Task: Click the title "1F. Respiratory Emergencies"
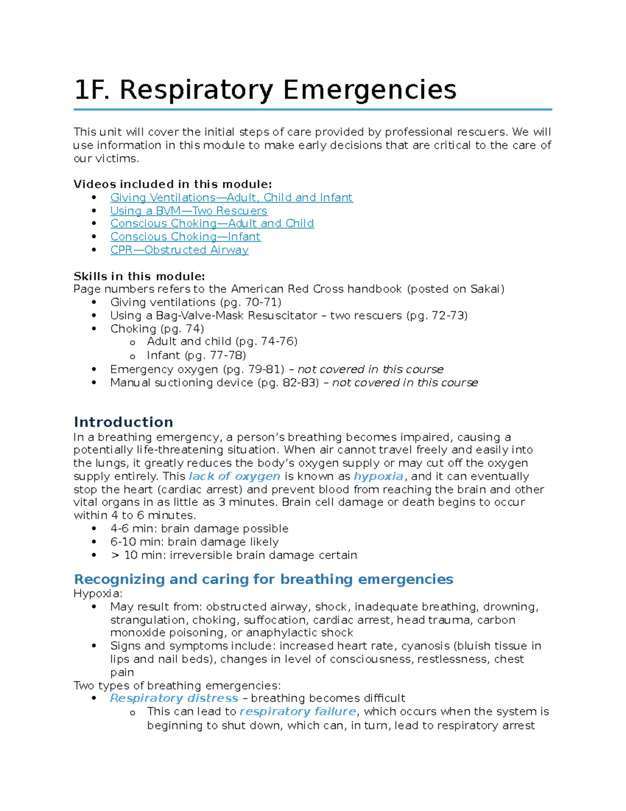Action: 265,90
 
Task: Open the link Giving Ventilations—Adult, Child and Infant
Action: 231,197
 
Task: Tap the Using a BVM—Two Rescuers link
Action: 188,210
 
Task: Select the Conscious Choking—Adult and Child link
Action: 212,224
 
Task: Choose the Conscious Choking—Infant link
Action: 185,237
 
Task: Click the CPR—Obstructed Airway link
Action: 179,250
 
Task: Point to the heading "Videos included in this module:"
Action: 172,184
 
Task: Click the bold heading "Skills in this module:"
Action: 139,276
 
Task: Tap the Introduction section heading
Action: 123,422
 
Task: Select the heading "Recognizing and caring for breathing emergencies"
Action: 263,579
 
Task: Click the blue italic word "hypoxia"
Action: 378,476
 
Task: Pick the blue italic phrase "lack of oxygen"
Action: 234,476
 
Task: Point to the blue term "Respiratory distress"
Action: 174,698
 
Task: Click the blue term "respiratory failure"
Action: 298,711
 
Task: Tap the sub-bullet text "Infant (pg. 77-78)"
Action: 196,356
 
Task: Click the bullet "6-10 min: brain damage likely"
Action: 194,542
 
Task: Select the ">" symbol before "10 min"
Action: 115,555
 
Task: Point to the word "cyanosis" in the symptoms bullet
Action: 425,646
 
